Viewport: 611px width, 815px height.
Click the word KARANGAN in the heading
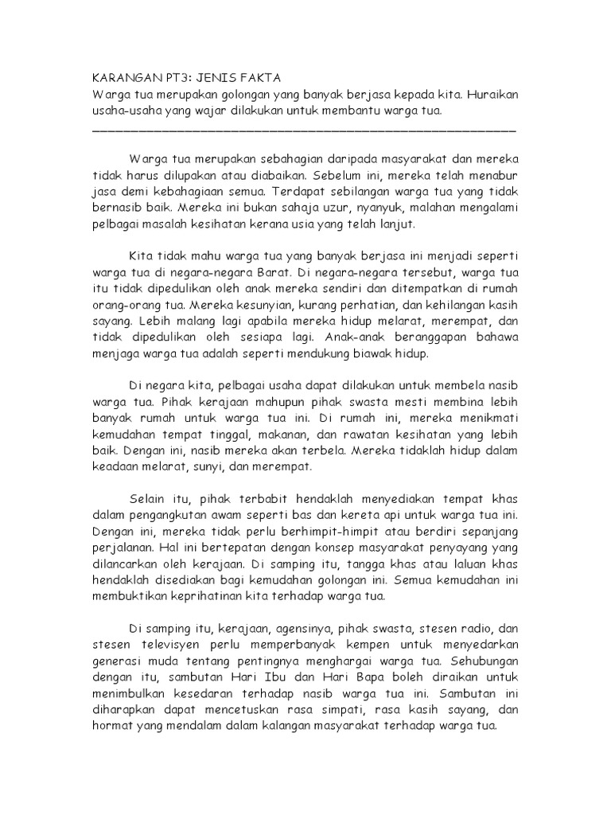coord(120,77)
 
